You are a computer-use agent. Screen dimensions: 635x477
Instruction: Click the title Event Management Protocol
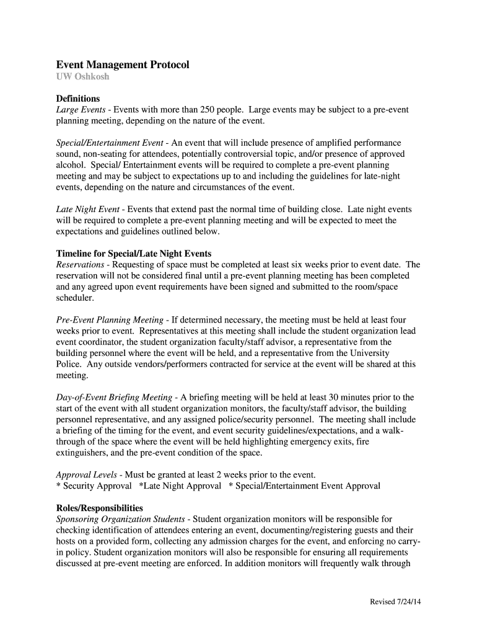click(123, 64)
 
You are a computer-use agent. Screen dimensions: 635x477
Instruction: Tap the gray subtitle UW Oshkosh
click(82, 77)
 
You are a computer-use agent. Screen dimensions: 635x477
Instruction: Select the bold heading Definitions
click(78, 99)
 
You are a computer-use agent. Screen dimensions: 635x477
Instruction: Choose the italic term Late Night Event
click(88, 210)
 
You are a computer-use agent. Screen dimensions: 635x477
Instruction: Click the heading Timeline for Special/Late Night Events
click(134, 254)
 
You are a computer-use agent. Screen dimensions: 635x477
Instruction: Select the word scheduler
click(74, 298)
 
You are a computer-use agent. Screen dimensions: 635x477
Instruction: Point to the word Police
click(68, 365)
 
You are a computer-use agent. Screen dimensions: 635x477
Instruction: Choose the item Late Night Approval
click(182, 486)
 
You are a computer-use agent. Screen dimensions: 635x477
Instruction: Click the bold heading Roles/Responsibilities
click(100, 508)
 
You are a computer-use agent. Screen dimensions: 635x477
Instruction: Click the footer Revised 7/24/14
click(396, 602)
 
